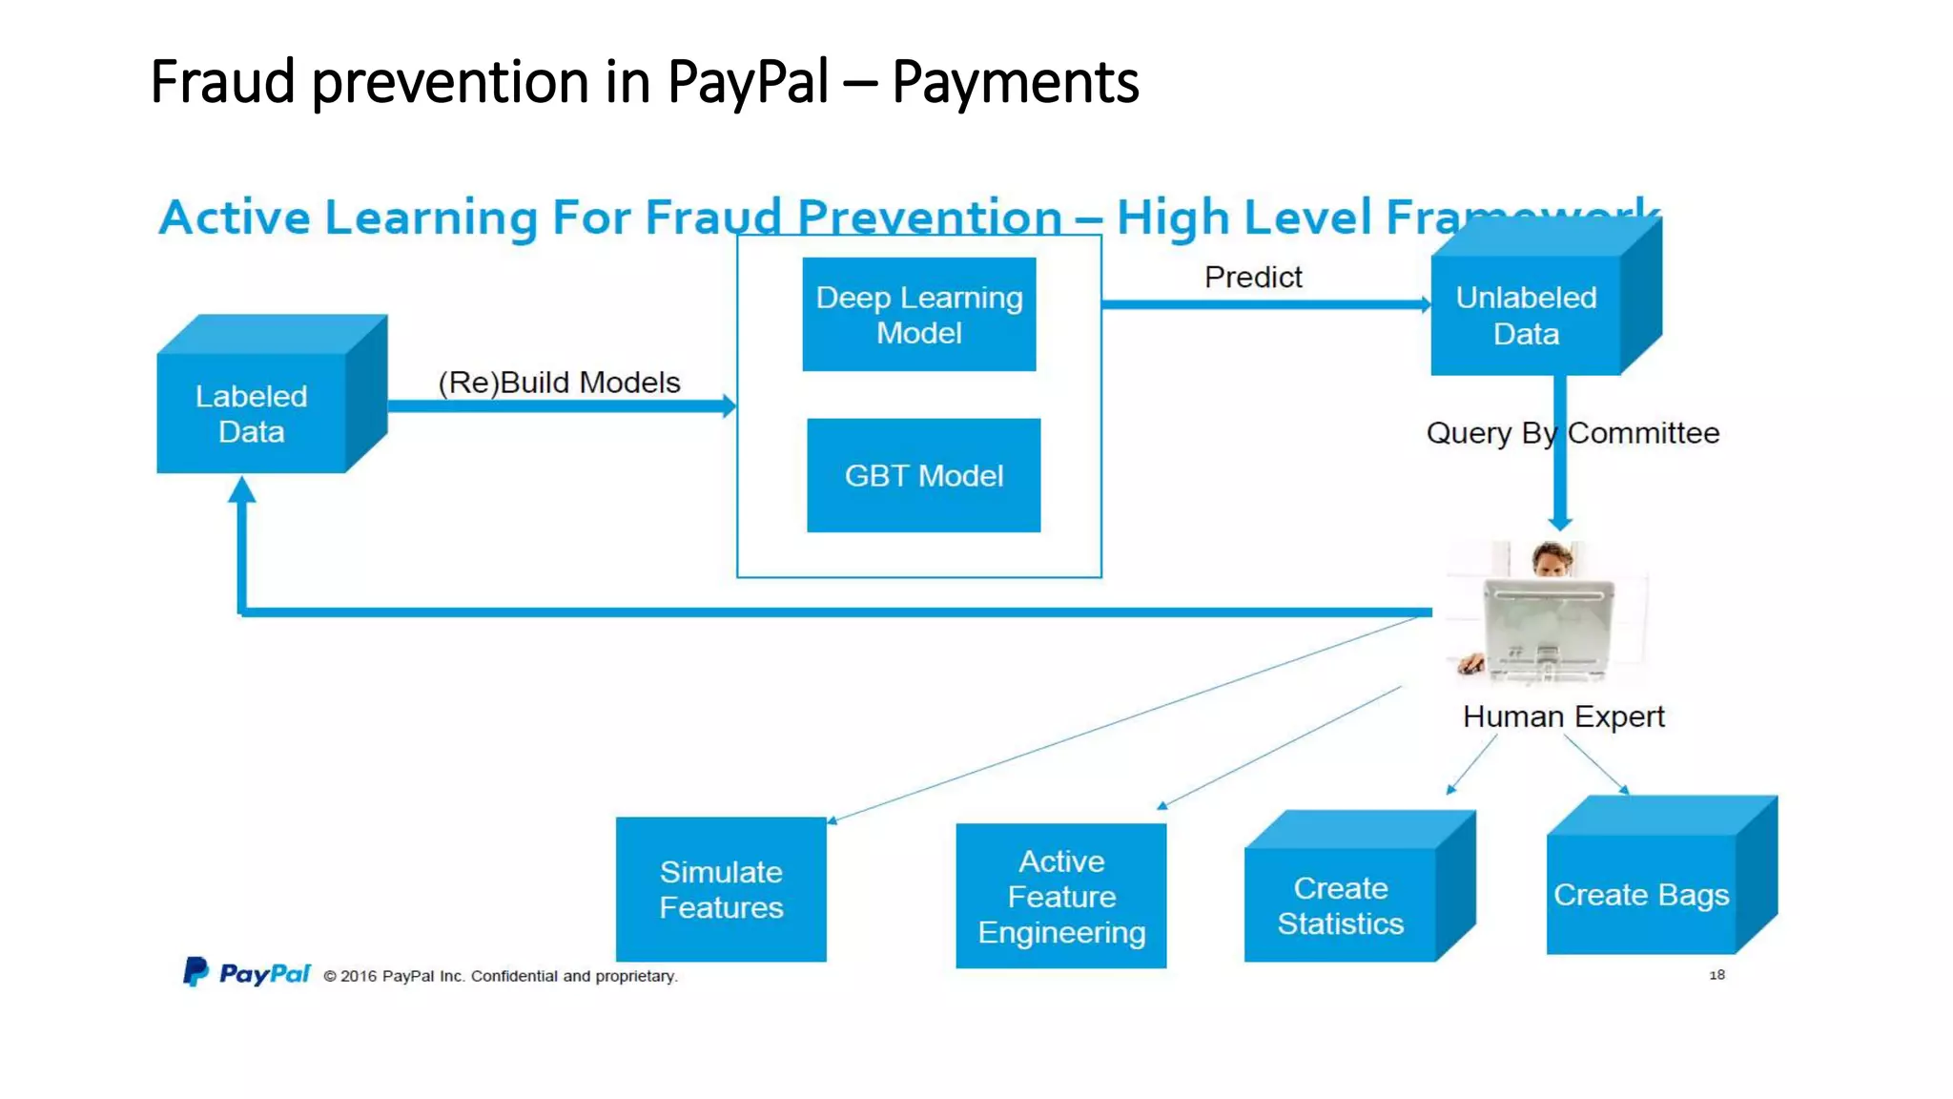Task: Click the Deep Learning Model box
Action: [x=918, y=314]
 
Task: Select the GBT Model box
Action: [x=923, y=475]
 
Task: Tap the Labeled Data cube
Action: [x=253, y=412]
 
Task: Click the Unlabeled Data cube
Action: [x=1526, y=315]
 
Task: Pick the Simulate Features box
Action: [x=721, y=889]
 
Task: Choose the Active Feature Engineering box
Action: [x=1060, y=896]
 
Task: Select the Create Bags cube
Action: [x=1640, y=894]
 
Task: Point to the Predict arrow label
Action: [x=1252, y=277]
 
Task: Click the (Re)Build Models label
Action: [x=559, y=383]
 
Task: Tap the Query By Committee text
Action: [x=1572, y=433]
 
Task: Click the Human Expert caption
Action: [x=1563, y=716]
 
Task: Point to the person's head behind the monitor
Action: [x=1552, y=558]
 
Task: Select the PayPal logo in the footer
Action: [x=247, y=973]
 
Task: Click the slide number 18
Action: [x=1717, y=975]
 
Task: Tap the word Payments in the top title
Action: [x=1015, y=82]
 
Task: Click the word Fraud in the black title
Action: [x=222, y=82]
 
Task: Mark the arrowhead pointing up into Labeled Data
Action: [x=242, y=489]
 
